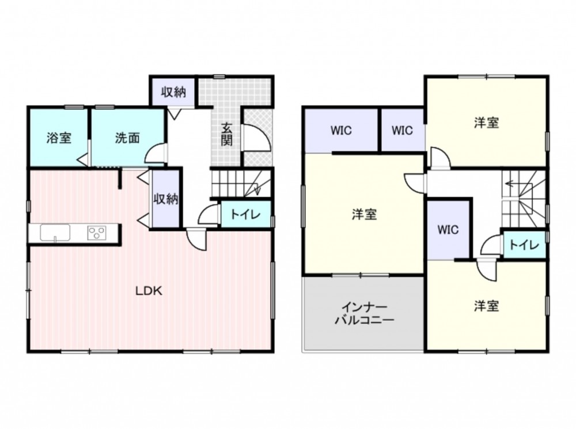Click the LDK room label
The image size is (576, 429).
[x=149, y=291]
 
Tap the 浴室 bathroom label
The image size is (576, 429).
[x=59, y=138]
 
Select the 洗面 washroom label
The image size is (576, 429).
[x=127, y=138]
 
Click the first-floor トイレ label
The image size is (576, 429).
[x=245, y=214]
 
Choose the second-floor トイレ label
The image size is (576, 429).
[x=524, y=245]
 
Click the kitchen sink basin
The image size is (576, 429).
[x=55, y=233]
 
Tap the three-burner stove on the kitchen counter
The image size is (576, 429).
[x=97, y=233]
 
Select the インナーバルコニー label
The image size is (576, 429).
[x=364, y=313]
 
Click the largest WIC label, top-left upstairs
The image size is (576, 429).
[x=341, y=130]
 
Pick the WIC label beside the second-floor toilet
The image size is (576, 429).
[x=448, y=230]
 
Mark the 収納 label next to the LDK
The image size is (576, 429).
[x=166, y=199]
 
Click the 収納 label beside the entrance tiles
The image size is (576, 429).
[x=174, y=92]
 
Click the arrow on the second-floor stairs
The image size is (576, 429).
[x=513, y=183]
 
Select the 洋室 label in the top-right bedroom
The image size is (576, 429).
[x=486, y=123]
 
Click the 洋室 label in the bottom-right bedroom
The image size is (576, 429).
[x=486, y=306]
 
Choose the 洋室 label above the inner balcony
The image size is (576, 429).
[x=365, y=214]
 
